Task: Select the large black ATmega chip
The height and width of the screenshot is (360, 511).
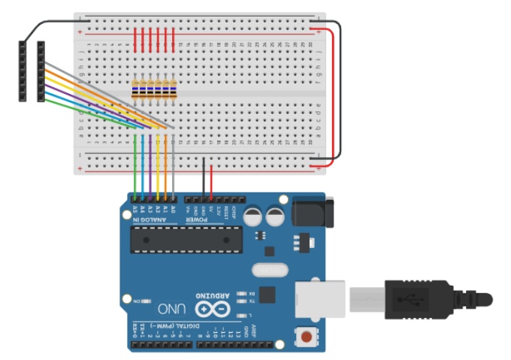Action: (x=186, y=239)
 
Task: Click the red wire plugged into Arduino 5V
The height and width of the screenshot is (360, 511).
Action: (x=211, y=180)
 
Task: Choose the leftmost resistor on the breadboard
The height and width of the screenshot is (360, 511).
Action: (x=135, y=89)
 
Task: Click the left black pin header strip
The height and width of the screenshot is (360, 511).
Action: (x=23, y=71)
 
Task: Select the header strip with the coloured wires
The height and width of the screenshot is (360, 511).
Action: (x=41, y=71)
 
